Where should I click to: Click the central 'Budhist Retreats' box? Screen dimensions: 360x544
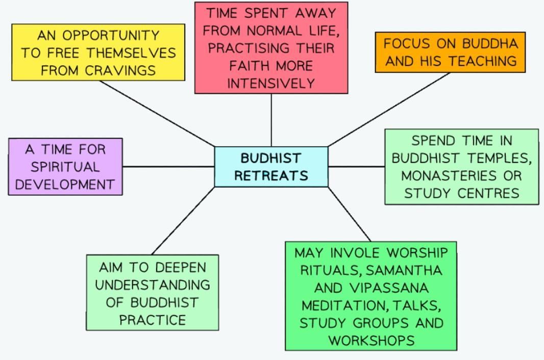click(x=271, y=167)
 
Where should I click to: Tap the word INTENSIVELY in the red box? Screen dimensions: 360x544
click(x=271, y=83)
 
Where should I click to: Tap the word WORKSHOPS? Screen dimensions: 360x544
click(x=371, y=341)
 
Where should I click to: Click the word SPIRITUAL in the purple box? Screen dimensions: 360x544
click(x=65, y=167)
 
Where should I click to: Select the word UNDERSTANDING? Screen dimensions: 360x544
click(x=153, y=285)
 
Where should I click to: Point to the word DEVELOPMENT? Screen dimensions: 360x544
click(x=65, y=184)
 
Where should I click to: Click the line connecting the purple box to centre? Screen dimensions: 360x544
click(x=168, y=166)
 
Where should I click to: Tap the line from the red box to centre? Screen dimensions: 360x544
click(x=271, y=120)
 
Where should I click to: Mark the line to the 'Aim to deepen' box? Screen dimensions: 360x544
click(x=183, y=221)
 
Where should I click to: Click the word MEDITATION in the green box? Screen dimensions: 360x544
click(x=340, y=305)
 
